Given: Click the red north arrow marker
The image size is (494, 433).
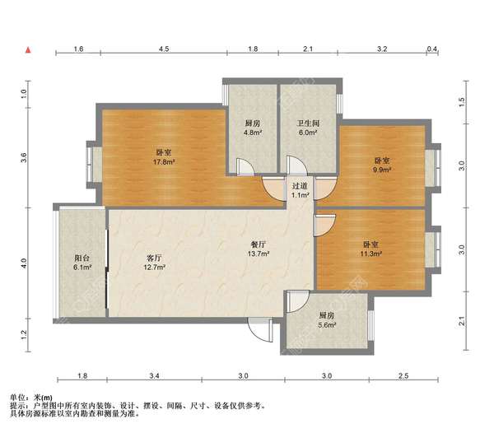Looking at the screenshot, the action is (28, 49).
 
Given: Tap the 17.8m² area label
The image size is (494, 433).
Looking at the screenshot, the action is (164, 162).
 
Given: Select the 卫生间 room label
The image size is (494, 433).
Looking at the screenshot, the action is (308, 123).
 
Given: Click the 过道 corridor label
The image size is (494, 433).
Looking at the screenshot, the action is (300, 186).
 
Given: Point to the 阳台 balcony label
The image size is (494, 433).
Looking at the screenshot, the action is (82, 258).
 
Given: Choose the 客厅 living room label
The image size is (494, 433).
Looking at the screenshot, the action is (154, 258).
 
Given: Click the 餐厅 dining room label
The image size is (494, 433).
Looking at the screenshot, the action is (259, 244).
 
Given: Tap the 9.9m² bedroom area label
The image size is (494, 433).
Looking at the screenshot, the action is (382, 170).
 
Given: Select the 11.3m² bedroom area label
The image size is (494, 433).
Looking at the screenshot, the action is (371, 254).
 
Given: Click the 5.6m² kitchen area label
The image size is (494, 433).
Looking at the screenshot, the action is (327, 324).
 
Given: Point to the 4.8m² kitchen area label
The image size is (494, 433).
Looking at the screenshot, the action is (253, 133).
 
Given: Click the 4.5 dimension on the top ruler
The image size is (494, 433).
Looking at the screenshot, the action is (164, 49).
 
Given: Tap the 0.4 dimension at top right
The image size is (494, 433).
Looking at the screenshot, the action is (432, 49).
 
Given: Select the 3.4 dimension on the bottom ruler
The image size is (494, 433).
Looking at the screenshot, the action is (155, 375).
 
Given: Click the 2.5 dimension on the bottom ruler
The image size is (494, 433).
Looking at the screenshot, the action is (403, 375).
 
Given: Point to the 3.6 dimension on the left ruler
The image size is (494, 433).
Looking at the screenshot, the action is (24, 157).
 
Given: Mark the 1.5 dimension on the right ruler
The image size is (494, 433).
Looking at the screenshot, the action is (462, 102).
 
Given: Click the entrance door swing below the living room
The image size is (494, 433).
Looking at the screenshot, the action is (260, 329).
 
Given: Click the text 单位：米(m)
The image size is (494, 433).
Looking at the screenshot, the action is (31, 398).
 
